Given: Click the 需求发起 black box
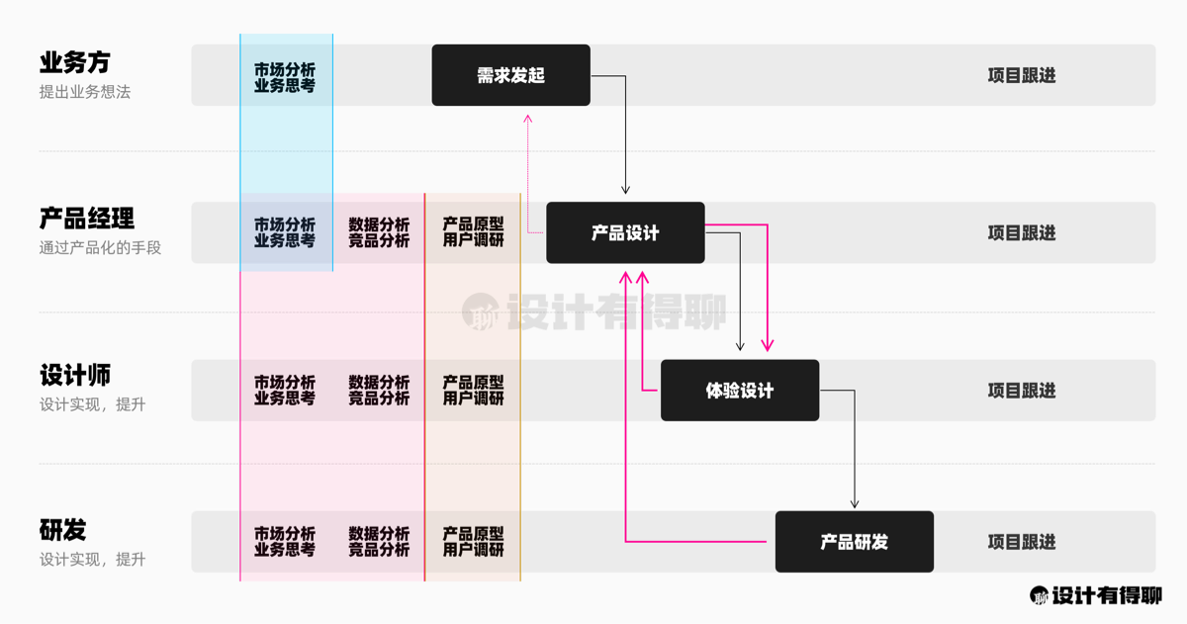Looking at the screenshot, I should coord(510,75).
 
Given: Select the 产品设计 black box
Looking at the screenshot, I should coord(625,233).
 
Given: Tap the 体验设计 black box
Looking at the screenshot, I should coord(740,391).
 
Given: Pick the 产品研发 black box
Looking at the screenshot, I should coord(854,542).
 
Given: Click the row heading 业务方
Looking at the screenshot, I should coord(74,62).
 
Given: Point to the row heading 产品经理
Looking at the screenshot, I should coord(87,219).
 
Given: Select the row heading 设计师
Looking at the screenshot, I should coord(75,376).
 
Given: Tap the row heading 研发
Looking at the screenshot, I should coord(63,530).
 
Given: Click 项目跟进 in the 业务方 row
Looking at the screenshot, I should coord(1022,75).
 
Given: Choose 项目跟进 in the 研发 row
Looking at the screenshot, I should coord(1022,542).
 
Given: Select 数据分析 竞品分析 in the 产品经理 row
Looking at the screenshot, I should coord(379,233).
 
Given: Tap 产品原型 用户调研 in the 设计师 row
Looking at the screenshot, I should coord(473,391).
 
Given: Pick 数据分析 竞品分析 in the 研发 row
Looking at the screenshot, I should coord(379,542).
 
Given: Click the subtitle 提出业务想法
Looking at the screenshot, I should coord(85,92).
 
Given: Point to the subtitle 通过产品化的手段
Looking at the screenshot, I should coord(100,248).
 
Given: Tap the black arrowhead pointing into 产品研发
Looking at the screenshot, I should coord(855,503).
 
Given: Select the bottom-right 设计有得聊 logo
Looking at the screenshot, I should coord(1096,595).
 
